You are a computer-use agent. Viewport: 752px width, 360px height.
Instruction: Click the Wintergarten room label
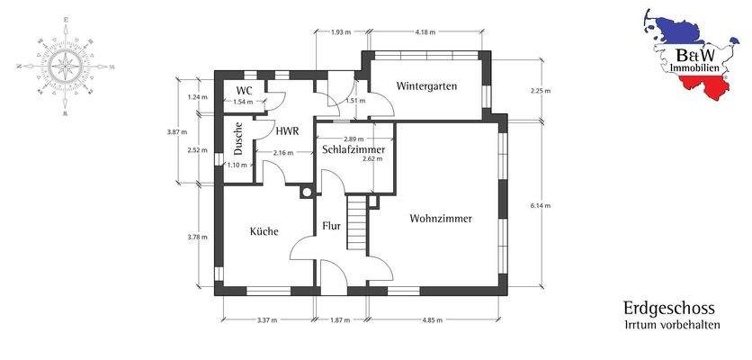point(426,87)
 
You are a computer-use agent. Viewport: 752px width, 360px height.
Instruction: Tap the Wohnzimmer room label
point(441,219)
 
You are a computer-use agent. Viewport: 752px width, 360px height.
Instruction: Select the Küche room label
point(264,231)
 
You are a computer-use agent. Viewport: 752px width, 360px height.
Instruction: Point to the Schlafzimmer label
point(354,149)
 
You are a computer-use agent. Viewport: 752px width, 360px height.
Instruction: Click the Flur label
point(332,226)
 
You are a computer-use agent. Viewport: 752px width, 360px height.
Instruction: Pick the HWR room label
point(287,130)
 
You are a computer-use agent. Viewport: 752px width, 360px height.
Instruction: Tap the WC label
point(243,91)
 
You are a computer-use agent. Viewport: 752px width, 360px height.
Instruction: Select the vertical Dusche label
point(238,139)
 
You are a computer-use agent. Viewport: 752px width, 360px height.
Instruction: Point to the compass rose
point(65,66)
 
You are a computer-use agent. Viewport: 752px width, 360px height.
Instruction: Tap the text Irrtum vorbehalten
point(672,324)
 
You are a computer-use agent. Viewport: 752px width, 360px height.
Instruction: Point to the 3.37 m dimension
point(267,320)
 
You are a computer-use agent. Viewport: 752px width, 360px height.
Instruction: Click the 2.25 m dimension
point(542,90)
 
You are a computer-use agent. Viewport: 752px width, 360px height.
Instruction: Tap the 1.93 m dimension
point(340,32)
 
